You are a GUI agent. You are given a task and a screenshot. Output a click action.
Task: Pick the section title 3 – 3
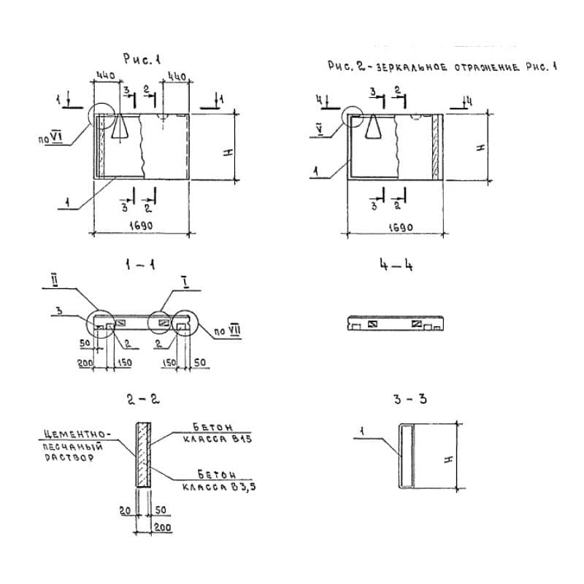click(x=410, y=399)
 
